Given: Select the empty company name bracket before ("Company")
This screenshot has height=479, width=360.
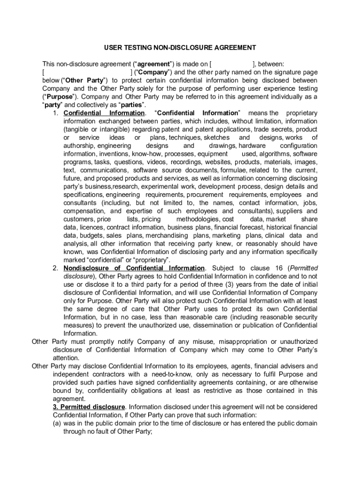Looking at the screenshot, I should [87, 73].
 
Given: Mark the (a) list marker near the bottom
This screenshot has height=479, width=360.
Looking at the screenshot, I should [58, 423].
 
